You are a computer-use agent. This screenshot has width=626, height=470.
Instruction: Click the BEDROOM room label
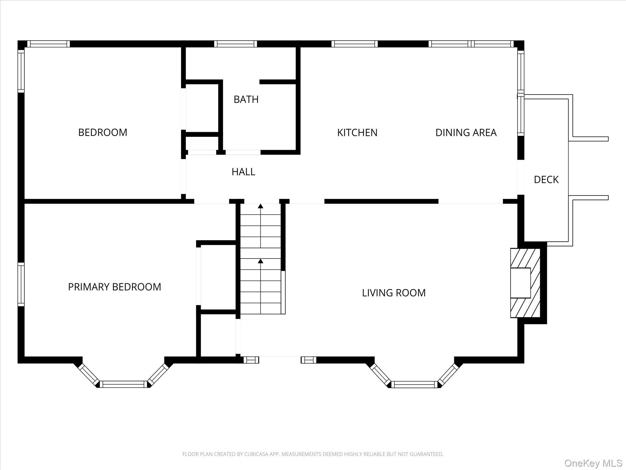click(103, 132)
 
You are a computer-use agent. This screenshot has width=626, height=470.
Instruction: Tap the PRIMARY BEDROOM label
click(114, 287)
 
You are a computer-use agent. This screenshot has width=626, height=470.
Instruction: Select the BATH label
click(246, 99)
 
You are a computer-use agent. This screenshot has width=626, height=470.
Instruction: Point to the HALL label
click(243, 172)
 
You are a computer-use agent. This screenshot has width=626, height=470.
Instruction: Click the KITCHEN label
click(357, 132)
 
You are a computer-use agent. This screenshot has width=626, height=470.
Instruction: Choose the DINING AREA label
click(466, 132)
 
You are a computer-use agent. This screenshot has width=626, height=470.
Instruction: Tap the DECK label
click(546, 180)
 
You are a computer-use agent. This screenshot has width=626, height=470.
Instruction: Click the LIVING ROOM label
click(394, 293)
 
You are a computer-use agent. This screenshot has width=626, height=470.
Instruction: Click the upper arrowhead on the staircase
click(260, 206)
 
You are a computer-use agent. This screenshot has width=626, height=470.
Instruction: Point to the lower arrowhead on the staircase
click(260, 261)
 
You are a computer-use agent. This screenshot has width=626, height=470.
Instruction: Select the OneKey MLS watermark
click(593, 463)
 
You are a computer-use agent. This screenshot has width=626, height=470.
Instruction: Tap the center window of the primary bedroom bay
click(123, 384)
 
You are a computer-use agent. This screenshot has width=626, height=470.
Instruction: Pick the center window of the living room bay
click(414, 384)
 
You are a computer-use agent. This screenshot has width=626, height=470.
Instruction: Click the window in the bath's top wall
click(235, 44)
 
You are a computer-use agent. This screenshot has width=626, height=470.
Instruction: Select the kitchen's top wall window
click(355, 44)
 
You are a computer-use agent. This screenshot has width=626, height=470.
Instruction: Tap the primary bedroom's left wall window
click(21, 284)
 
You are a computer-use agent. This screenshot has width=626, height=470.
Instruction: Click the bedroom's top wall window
click(49, 44)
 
